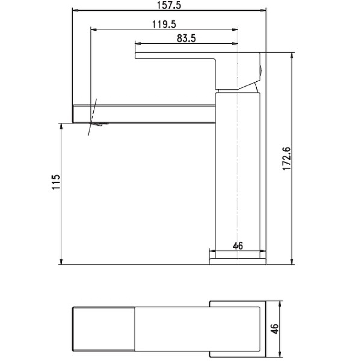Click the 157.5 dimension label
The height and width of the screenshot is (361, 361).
(x=169, y=5)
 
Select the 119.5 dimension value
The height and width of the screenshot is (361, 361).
(x=164, y=24)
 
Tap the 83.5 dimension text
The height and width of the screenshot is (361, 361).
(x=186, y=38)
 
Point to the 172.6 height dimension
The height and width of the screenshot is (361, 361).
(x=287, y=159)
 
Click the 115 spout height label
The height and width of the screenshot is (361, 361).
(x=56, y=182)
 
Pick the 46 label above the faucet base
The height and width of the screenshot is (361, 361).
(x=238, y=246)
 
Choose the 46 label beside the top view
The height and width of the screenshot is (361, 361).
(x=275, y=329)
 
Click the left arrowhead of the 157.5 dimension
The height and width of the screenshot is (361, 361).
(x=75, y=10)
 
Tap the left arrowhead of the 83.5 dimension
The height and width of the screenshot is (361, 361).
(x=138, y=43)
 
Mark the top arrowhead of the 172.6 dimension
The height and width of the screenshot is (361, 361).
(x=292, y=56)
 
